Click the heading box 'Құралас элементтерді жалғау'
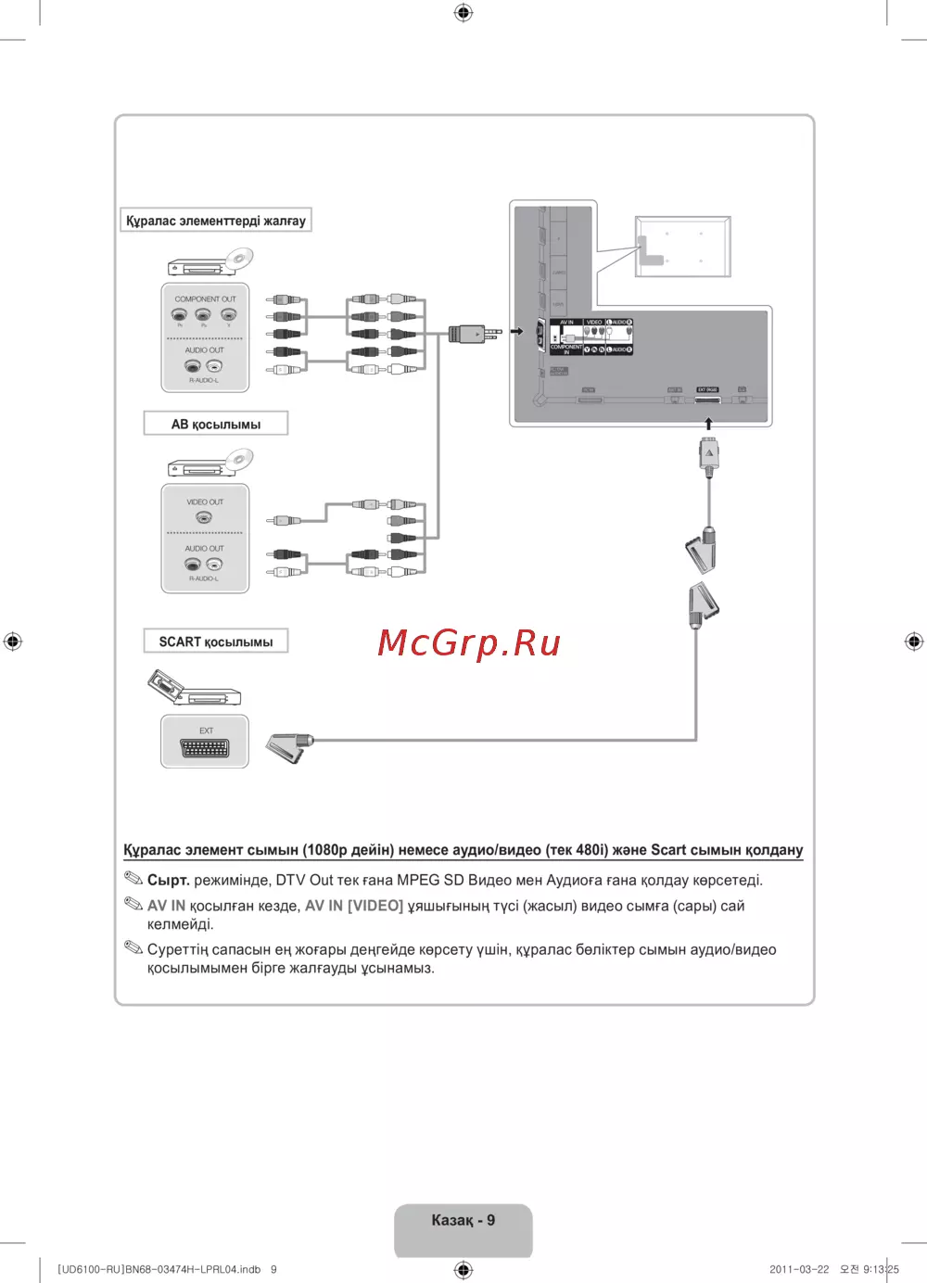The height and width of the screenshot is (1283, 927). click(216, 221)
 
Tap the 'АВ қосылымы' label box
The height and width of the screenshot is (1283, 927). click(216, 424)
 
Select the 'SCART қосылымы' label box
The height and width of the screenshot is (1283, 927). click(216, 641)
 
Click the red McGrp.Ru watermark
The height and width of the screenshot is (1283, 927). click(469, 642)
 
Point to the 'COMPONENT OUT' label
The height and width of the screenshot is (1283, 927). click(205, 299)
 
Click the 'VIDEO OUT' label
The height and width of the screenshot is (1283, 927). click(205, 502)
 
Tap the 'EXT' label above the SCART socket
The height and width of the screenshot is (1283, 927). click(206, 730)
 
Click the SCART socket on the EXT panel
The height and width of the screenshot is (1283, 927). click(205, 748)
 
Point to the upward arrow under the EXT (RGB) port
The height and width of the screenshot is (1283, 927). click(709, 424)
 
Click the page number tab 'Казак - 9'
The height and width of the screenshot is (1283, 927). click(463, 1221)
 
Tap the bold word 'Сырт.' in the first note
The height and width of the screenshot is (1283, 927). click(168, 880)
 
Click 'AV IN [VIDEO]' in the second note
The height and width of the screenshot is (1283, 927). click(354, 906)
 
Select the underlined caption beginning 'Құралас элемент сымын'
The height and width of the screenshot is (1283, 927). click(463, 850)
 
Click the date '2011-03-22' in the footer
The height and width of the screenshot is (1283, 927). click(799, 1269)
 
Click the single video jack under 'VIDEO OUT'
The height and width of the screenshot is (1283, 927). click(204, 517)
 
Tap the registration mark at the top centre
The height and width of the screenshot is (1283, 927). click(463, 12)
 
